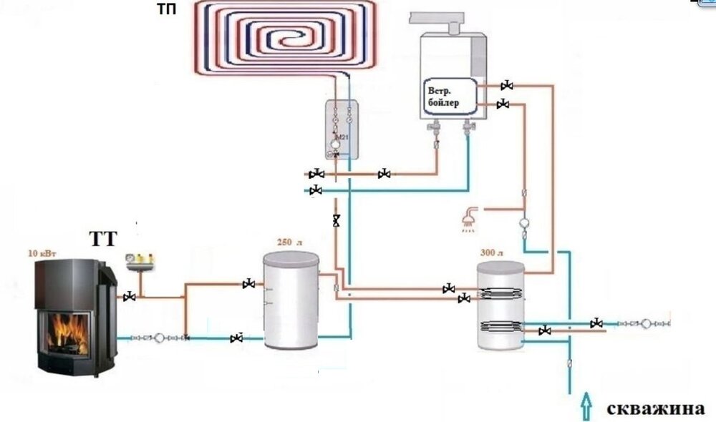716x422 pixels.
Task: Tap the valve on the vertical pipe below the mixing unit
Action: (337, 221)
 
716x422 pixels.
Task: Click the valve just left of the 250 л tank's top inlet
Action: (248, 285)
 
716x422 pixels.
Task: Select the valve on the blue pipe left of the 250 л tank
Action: (237, 338)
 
